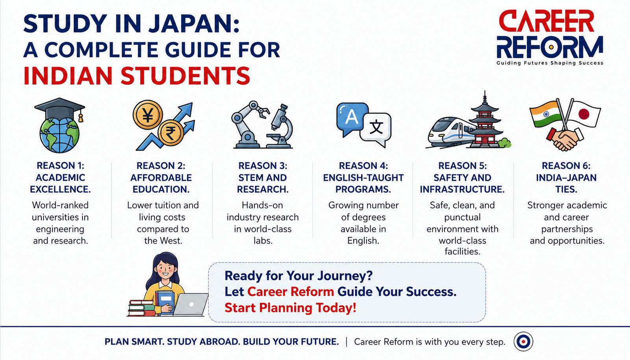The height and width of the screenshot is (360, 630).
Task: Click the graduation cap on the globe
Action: point(59,108)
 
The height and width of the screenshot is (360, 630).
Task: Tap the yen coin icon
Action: point(148,115)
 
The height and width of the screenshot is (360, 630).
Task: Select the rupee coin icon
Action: point(170,132)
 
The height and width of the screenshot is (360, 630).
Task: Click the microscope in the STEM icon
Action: point(280,126)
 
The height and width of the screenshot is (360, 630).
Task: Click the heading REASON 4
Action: point(363,166)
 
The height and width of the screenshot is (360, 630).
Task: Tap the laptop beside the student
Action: point(190,304)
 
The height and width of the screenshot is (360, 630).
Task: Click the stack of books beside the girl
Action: point(142,308)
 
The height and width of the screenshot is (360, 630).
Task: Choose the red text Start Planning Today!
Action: point(290,308)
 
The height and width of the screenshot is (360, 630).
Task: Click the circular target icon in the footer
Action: point(523,342)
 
